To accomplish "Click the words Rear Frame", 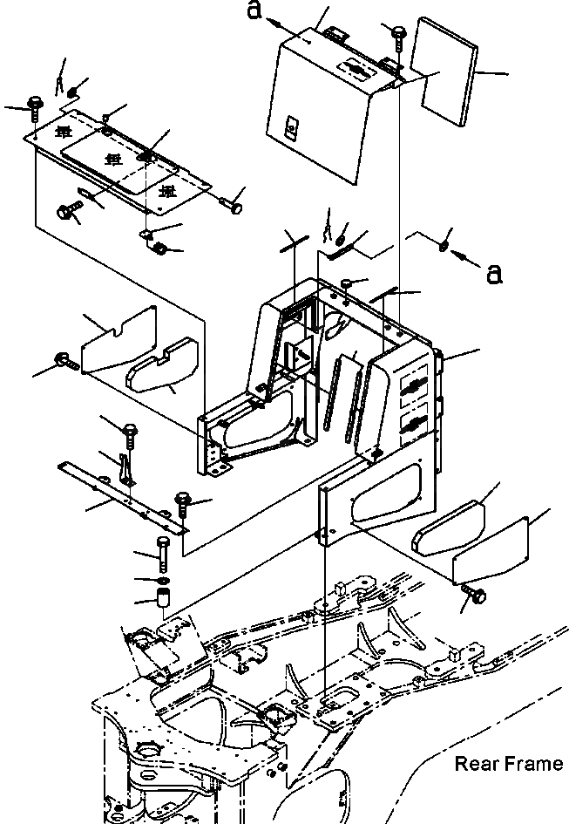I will [x=509, y=765].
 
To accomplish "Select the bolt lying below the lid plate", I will [x=67, y=210].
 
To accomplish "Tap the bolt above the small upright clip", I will [x=129, y=431].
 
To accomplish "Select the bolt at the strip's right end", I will [x=183, y=502].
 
